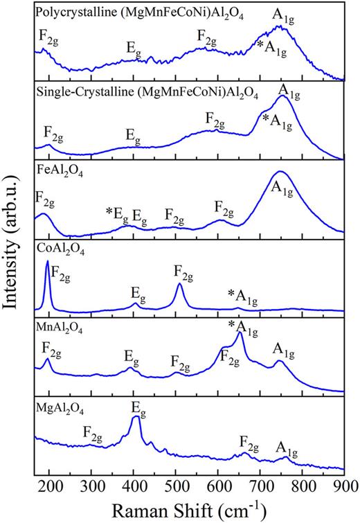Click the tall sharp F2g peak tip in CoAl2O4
pyautogui.click(x=47, y=262)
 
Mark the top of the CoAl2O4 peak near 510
pyautogui.click(x=179, y=284)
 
